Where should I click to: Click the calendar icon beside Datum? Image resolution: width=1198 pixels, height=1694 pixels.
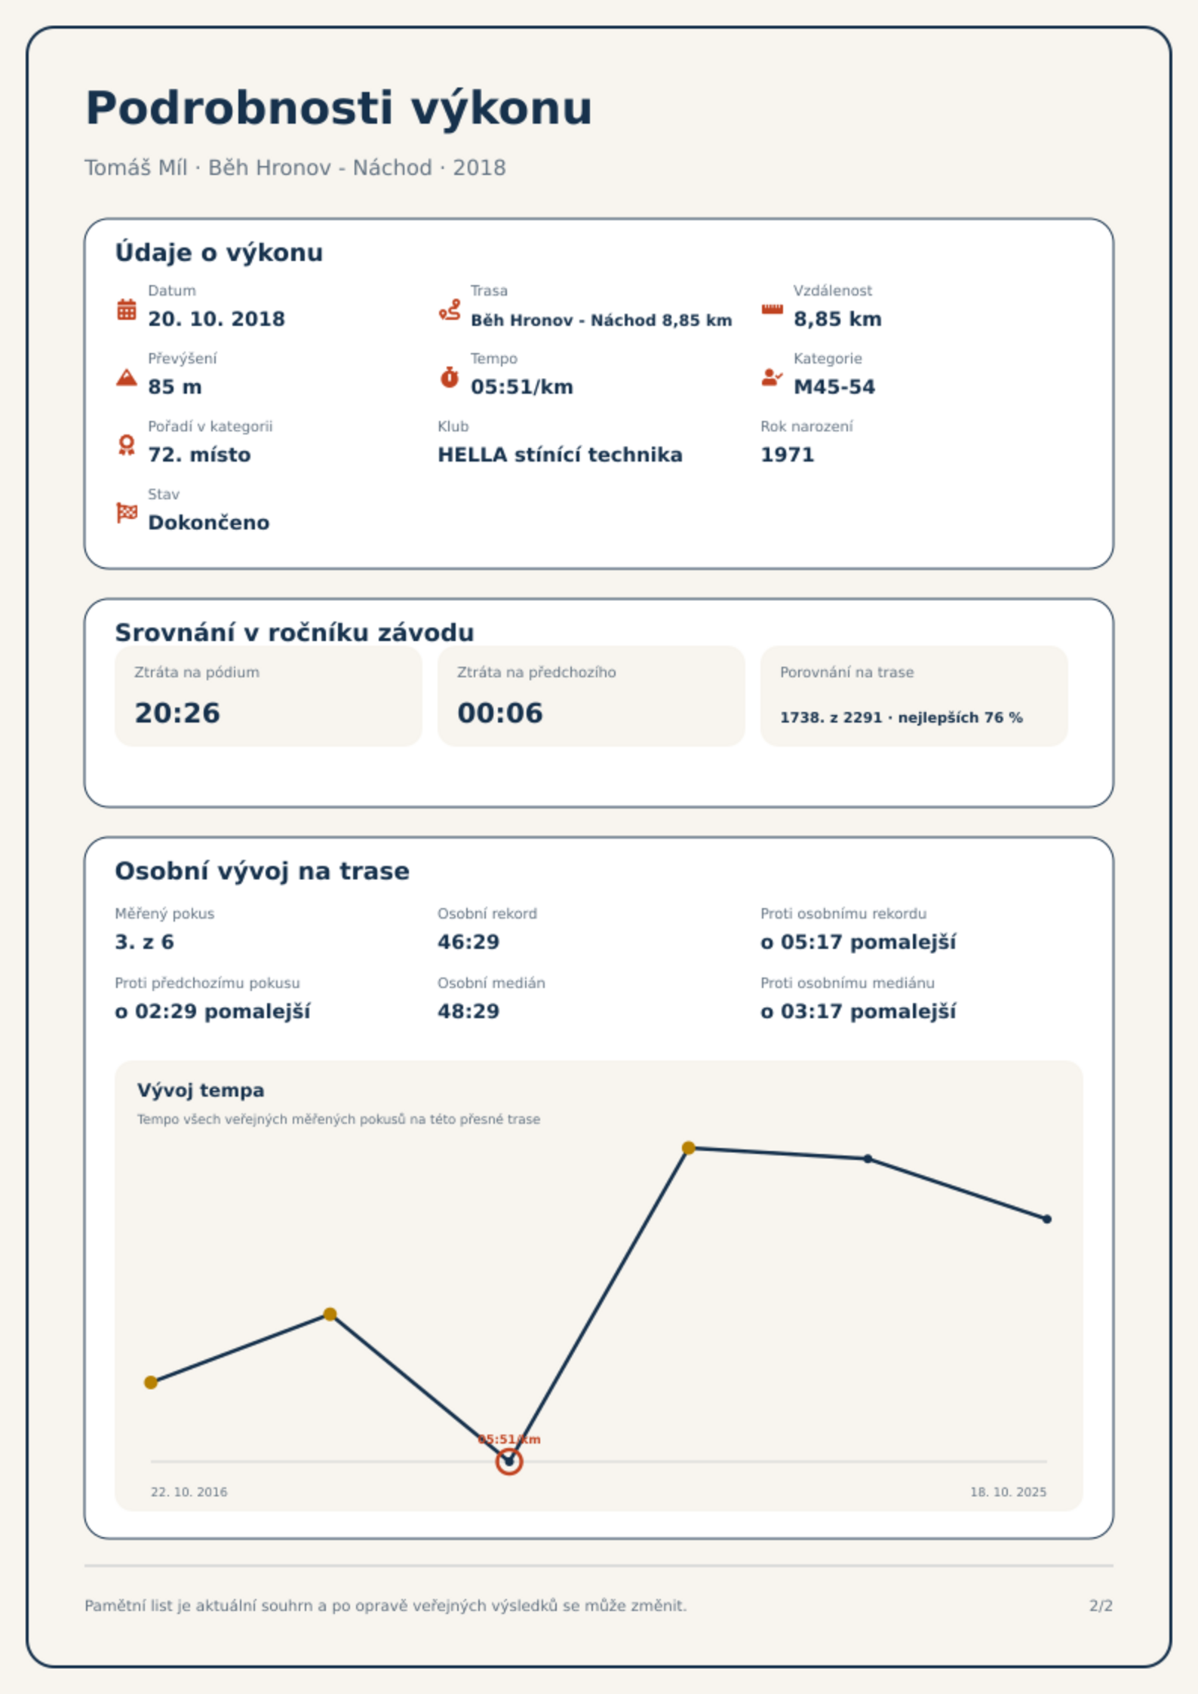point(127,309)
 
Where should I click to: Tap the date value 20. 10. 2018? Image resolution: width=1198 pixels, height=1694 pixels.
point(217,319)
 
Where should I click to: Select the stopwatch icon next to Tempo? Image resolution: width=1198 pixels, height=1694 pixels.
point(450,377)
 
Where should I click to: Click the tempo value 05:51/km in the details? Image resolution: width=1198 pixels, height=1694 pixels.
point(522,387)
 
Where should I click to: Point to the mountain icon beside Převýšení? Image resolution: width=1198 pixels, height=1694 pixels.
point(127,377)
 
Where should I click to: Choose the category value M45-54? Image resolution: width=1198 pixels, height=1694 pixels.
point(834,387)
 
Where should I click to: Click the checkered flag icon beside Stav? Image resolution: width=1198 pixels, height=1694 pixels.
point(127,513)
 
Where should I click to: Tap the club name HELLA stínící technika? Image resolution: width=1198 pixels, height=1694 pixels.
point(560,455)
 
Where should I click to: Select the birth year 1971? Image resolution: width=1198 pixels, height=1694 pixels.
point(788,455)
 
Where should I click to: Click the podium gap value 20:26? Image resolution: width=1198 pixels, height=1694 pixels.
point(177,713)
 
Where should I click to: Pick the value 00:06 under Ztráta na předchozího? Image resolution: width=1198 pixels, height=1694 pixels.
point(500,713)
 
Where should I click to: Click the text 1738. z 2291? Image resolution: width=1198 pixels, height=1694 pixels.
point(831,717)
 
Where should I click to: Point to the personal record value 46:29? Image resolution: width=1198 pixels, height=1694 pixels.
point(468,942)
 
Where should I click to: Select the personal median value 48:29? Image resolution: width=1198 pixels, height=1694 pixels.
point(468,1011)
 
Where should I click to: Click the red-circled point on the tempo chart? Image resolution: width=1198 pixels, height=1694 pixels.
point(509,1462)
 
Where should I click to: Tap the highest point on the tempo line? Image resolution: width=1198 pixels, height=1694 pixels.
point(688,1148)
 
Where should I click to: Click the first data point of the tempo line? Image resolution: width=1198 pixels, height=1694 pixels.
point(151,1383)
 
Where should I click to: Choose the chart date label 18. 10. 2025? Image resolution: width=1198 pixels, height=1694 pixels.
point(1008,1492)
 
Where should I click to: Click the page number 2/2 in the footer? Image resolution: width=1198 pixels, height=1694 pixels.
point(1101,1606)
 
